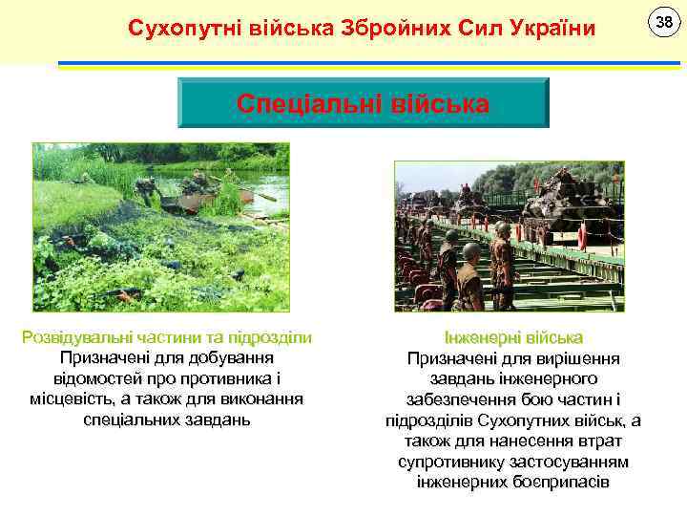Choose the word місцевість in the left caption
pos(73,398)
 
